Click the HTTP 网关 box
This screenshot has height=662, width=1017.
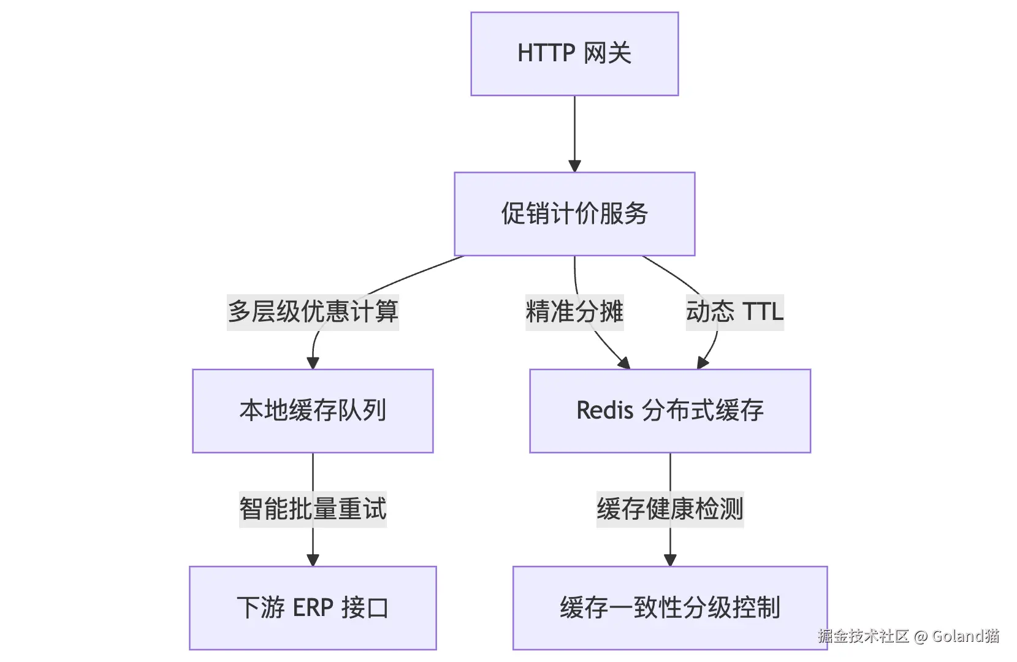(574, 54)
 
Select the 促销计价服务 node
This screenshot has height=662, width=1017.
(574, 214)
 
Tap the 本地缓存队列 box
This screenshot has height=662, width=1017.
(313, 411)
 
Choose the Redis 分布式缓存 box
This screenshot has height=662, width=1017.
(670, 411)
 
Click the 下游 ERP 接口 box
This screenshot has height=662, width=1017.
(313, 607)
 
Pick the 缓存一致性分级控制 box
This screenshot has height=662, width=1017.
(670, 607)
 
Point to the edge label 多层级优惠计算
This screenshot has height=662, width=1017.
(313, 312)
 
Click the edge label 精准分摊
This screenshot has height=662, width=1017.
(574, 312)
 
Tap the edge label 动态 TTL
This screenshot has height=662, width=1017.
(734, 312)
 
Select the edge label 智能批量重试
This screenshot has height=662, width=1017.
(313, 509)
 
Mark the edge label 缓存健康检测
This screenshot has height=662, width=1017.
(670, 509)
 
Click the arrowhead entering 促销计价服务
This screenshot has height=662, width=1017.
(574, 166)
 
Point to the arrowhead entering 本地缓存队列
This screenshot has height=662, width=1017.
(313, 363)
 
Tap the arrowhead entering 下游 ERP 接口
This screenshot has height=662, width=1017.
(313, 560)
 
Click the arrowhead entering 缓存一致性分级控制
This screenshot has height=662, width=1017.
(670, 560)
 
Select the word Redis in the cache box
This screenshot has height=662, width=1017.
(604, 411)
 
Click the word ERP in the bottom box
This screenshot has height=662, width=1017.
(313, 607)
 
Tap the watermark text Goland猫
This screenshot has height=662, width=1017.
(966, 636)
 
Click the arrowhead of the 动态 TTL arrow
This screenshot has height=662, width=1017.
(703, 363)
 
